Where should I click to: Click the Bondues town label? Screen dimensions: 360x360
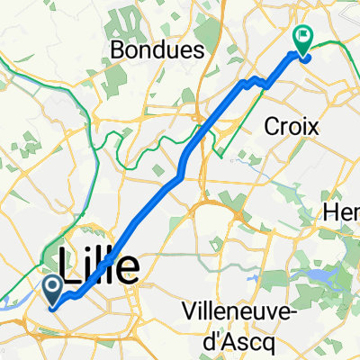click(157, 50)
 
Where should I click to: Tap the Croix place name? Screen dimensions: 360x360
click(292, 127)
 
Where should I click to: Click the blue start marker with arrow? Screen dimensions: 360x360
click(51, 290)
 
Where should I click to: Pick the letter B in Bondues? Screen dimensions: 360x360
click(119, 50)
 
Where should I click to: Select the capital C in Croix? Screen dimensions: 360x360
click(271, 127)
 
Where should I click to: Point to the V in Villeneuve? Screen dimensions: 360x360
click(189, 310)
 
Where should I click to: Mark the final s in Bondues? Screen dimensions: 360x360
click(194, 51)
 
